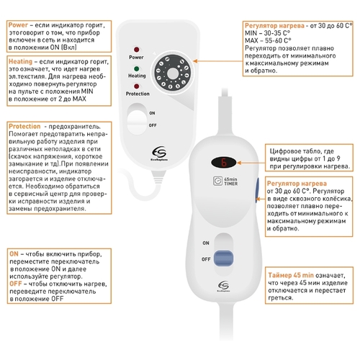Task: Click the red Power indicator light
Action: pyautogui.click(x=136, y=50)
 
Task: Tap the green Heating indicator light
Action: pyautogui.click(x=136, y=69)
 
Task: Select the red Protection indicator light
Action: pyautogui.click(x=136, y=86)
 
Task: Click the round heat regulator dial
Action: pyautogui.click(x=173, y=73)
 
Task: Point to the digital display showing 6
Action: pyautogui.click(x=224, y=163)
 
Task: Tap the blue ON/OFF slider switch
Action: pyautogui.click(x=223, y=258)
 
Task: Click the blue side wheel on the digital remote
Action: pyautogui.click(x=256, y=190)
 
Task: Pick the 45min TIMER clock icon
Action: pyautogui.click(x=218, y=181)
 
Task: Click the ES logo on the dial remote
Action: pyautogui.click(x=159, y=153)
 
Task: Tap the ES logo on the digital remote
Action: pyautogui.click(x=223, y=286)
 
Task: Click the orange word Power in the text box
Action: pyautogui.click(x=18, y=25)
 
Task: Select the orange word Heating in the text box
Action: pyautogui.click(x=20, y=62)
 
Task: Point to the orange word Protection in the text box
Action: pyautogui.click(x=24, y=126)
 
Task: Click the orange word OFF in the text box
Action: pyautogui.click(x=16, y=284)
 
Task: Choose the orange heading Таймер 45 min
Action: pyautogui.click(x=291, y=275)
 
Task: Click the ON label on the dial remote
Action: pyautogui.click(x=152, y=113)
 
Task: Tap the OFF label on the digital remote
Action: pyautogui.click(x=206, y=259)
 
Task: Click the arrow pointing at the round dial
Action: pyautogui.click(x=217, y=61)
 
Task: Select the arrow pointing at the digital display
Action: pyautogui.click(x=251, y=163)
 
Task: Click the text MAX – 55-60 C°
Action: pyautogui.click(x=268, y=40)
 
